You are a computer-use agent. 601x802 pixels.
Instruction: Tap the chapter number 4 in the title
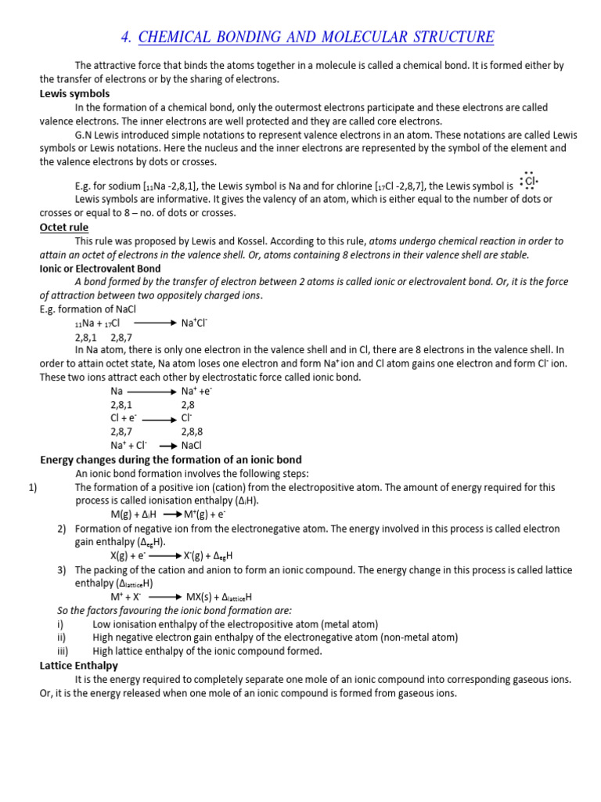127,37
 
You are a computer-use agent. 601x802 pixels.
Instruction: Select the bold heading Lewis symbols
75,93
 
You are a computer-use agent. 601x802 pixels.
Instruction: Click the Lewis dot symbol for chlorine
530,182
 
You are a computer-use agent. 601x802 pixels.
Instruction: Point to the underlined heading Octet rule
64,227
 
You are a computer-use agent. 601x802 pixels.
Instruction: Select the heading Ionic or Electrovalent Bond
99,269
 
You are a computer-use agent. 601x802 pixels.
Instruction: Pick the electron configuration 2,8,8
192,432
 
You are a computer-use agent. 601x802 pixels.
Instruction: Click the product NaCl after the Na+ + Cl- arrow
192,445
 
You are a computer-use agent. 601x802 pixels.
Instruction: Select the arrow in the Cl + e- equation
158,418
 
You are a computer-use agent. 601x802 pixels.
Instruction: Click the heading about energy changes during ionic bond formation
171,460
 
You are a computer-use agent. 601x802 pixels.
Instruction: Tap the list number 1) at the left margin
33,487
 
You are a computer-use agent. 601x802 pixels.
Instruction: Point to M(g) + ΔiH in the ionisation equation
134,515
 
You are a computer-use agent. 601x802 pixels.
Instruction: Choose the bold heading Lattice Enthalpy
78,665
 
